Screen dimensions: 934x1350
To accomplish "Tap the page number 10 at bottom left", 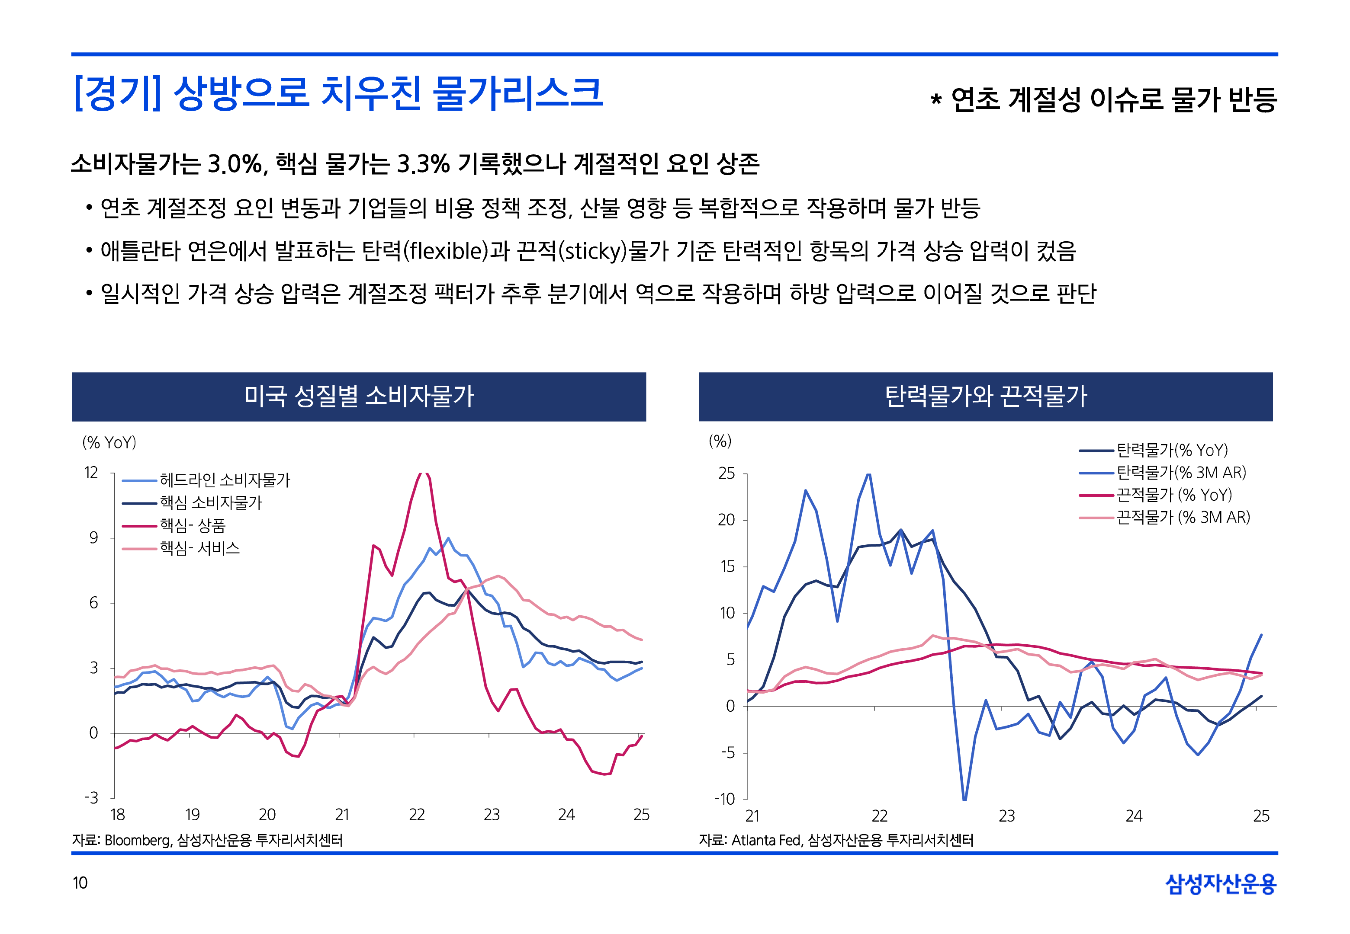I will coord(80,883).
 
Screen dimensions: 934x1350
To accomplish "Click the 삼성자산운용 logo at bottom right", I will coord(1221,883).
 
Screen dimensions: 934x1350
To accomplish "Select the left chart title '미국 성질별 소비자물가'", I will coord(358,396).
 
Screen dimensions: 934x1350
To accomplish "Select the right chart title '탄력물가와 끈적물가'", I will coord(985,396).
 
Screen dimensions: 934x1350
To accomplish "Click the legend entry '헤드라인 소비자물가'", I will coord(225,480).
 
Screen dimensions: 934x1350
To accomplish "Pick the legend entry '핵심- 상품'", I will coord(193,525).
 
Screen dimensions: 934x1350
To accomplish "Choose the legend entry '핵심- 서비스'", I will coord(199,548).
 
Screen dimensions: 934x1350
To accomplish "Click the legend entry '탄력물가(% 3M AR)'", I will coord(1181,472).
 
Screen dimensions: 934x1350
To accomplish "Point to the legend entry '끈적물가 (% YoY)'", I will coord(1174,495).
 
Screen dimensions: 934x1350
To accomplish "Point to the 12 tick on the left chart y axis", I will coord(91,473).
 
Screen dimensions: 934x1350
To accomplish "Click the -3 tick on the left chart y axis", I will coord(91,798).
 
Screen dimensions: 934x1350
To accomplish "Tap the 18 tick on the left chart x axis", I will coord(118,815).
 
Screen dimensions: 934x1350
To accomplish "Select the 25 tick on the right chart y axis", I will coord(726,473).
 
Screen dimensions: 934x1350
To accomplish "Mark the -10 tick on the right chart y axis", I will coord(724,799).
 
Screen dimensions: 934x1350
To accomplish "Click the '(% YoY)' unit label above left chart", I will coord(109,442).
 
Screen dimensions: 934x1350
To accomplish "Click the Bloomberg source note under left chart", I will coord(138,840).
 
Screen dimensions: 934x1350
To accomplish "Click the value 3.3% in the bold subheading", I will coord(423,164).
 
